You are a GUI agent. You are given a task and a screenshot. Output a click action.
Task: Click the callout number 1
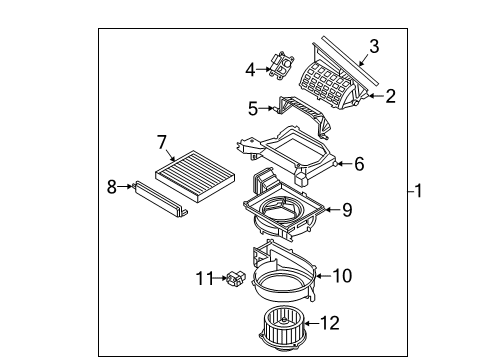(419, 190)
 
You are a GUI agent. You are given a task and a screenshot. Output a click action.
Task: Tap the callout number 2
(390, 96)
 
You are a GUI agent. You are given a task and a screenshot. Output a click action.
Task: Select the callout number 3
(373, 45)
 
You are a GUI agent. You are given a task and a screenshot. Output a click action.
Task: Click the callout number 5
(254, 107)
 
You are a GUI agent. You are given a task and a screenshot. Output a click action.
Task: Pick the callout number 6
(358, 164)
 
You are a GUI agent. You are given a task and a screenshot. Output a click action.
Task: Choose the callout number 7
(161, 143)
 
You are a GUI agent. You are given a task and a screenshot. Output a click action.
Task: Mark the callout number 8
(113, 185)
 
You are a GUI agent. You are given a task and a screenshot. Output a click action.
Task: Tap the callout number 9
(346, 209)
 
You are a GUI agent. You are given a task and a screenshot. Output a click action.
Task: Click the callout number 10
(342, 273)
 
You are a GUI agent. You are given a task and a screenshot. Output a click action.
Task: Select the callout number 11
(204, 278)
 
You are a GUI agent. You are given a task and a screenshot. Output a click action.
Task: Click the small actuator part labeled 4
(279, 65)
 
